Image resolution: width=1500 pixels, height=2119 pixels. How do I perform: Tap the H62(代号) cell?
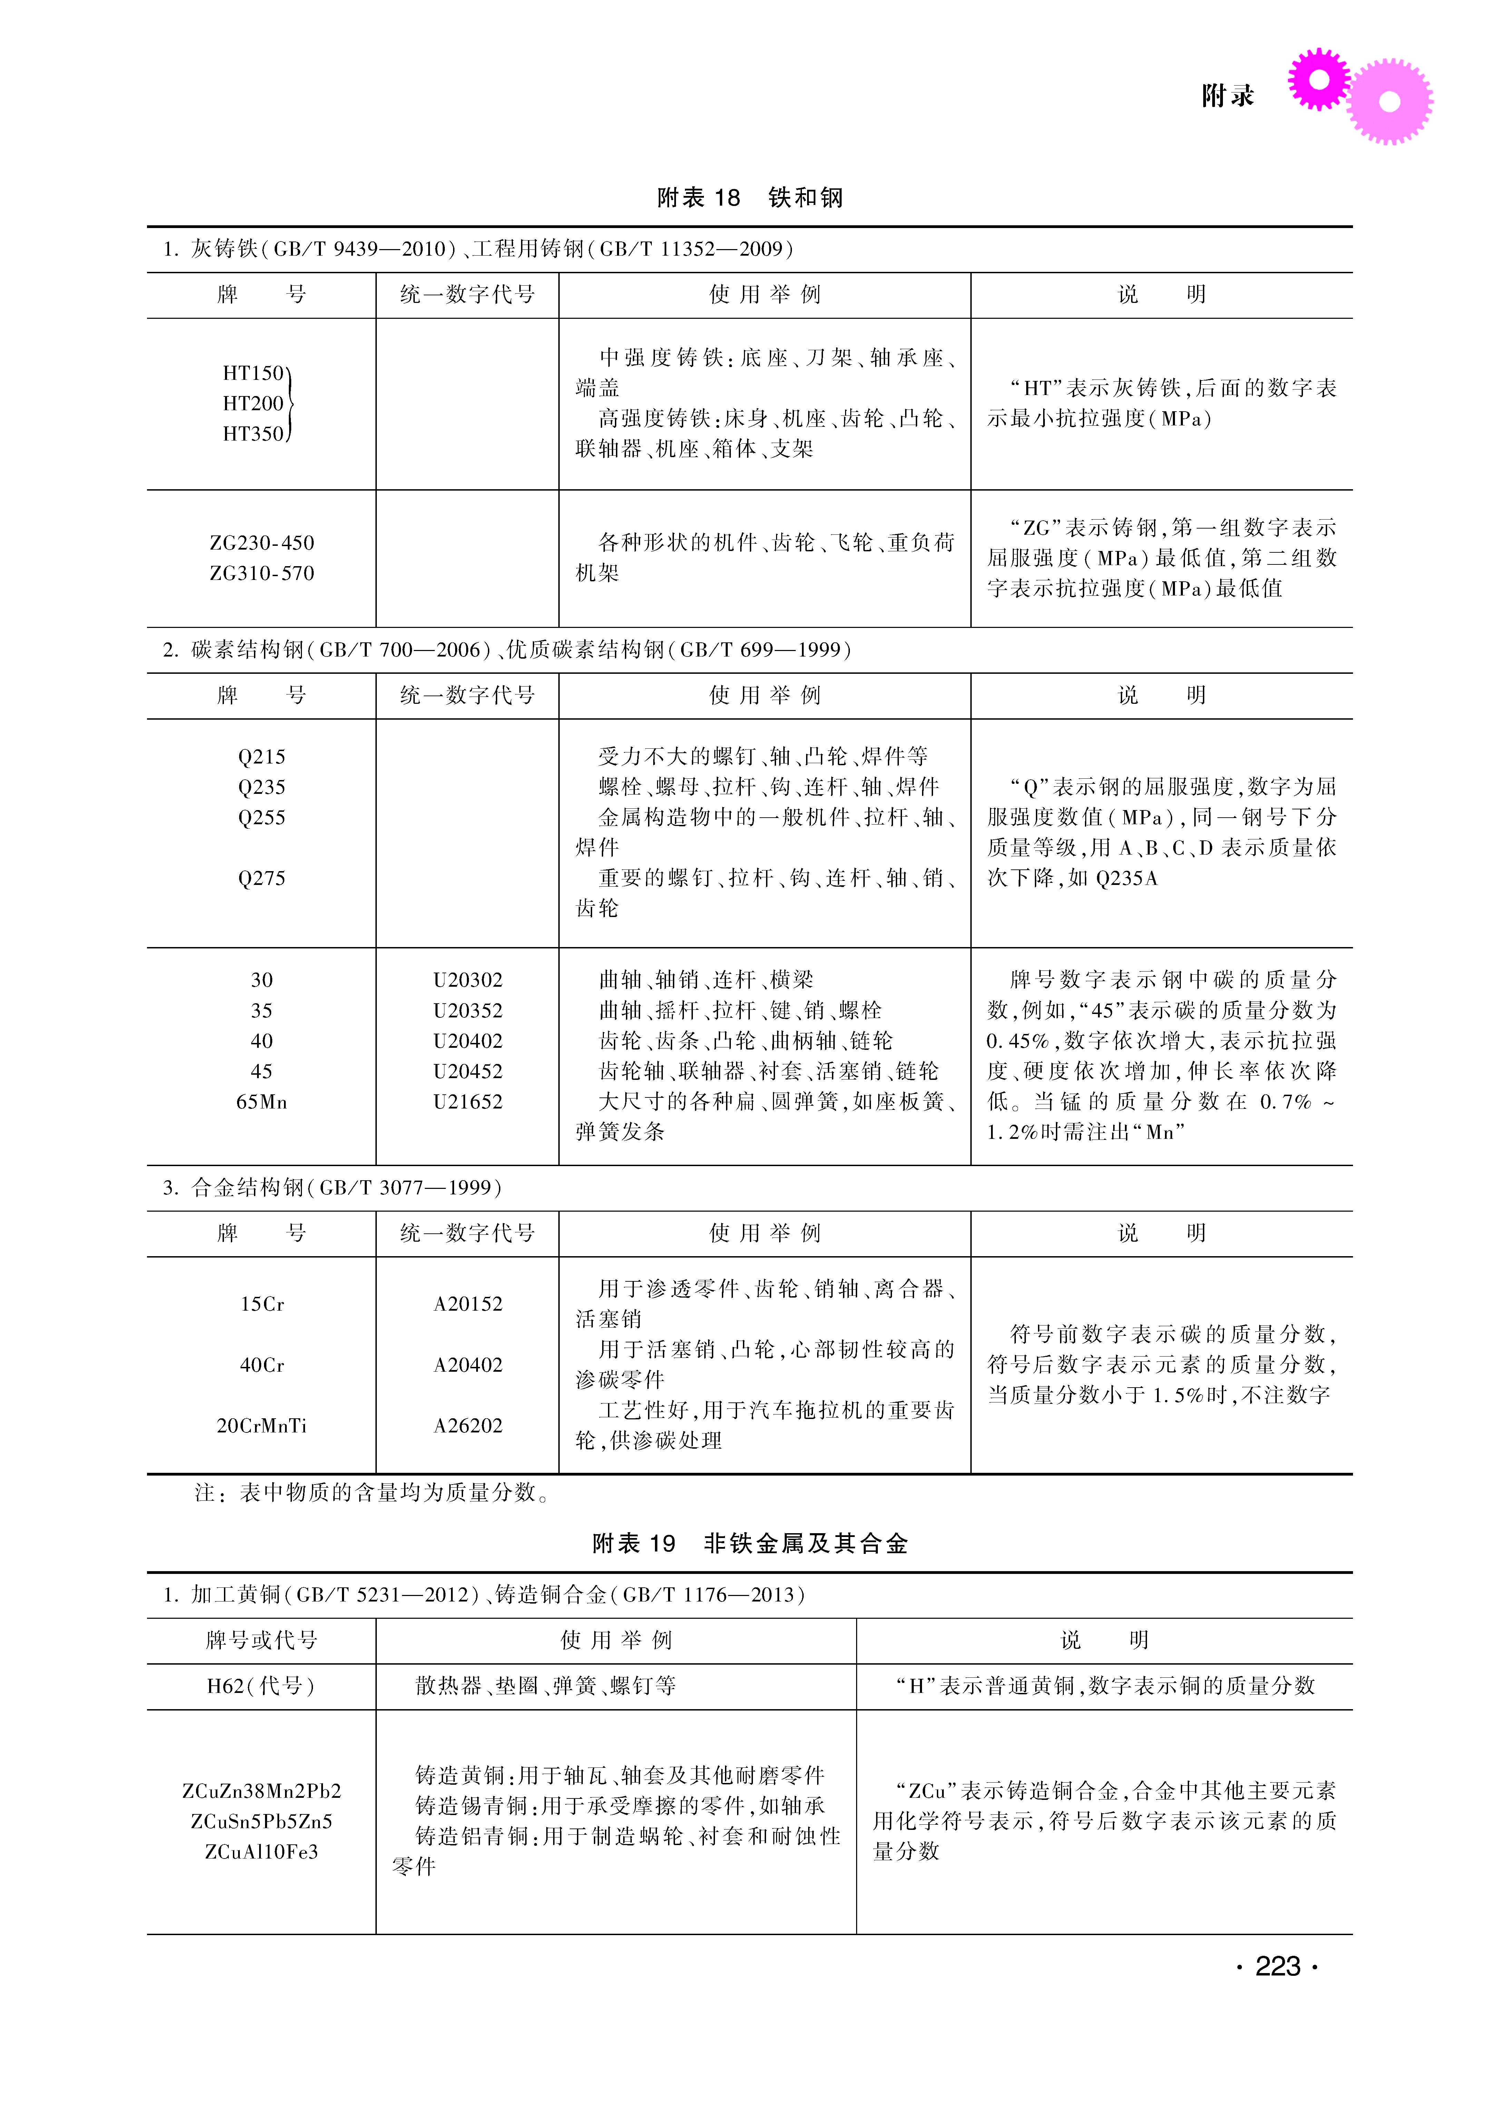click(x=262, y=1686)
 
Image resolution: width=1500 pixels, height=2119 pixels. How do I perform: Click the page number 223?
click(x=1277, y=1967)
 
